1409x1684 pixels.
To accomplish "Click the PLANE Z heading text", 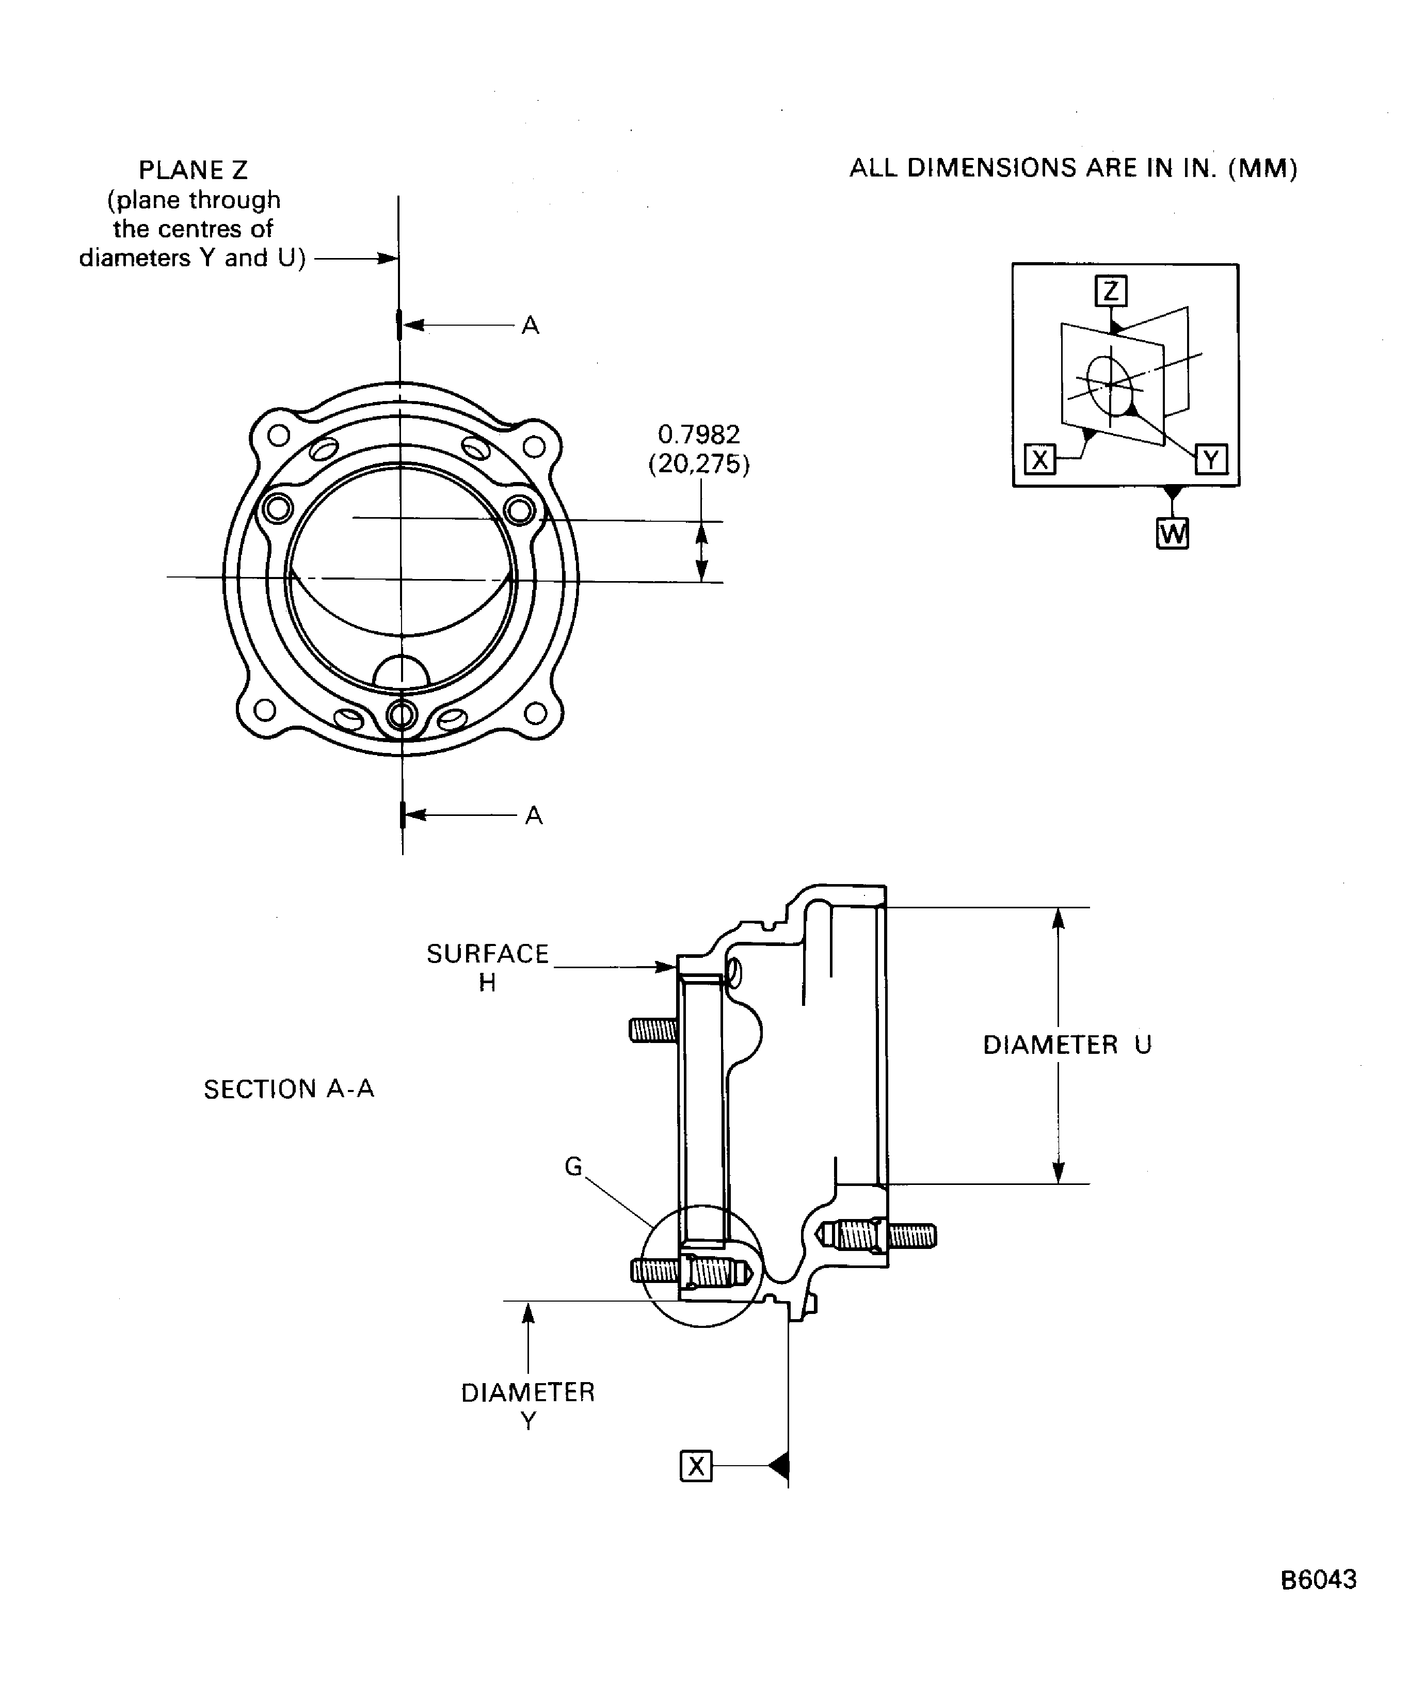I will (x=193, y=170).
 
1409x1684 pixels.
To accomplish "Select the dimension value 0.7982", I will (x=698, y=434).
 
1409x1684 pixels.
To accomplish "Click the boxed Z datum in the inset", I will (x=1111, y=290).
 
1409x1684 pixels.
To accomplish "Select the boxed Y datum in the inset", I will (x=1211, y=459).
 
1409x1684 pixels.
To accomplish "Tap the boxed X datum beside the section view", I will (x=695, y=1466).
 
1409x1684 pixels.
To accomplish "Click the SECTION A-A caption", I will (x=289, y=1089).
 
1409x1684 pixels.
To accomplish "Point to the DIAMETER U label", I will (x=1067, y=1045).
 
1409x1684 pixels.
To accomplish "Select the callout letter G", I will (x=572, y=1167).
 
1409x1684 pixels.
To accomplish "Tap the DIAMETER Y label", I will (x=527, y=1406).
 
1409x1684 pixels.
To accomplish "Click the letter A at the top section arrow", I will (x=530, y=326).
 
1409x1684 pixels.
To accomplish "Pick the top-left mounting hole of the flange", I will (x=278, y=436).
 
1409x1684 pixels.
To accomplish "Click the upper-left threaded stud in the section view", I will (x=653, y=1030).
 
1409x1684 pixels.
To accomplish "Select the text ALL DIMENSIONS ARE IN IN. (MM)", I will (x=1073, y=168).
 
